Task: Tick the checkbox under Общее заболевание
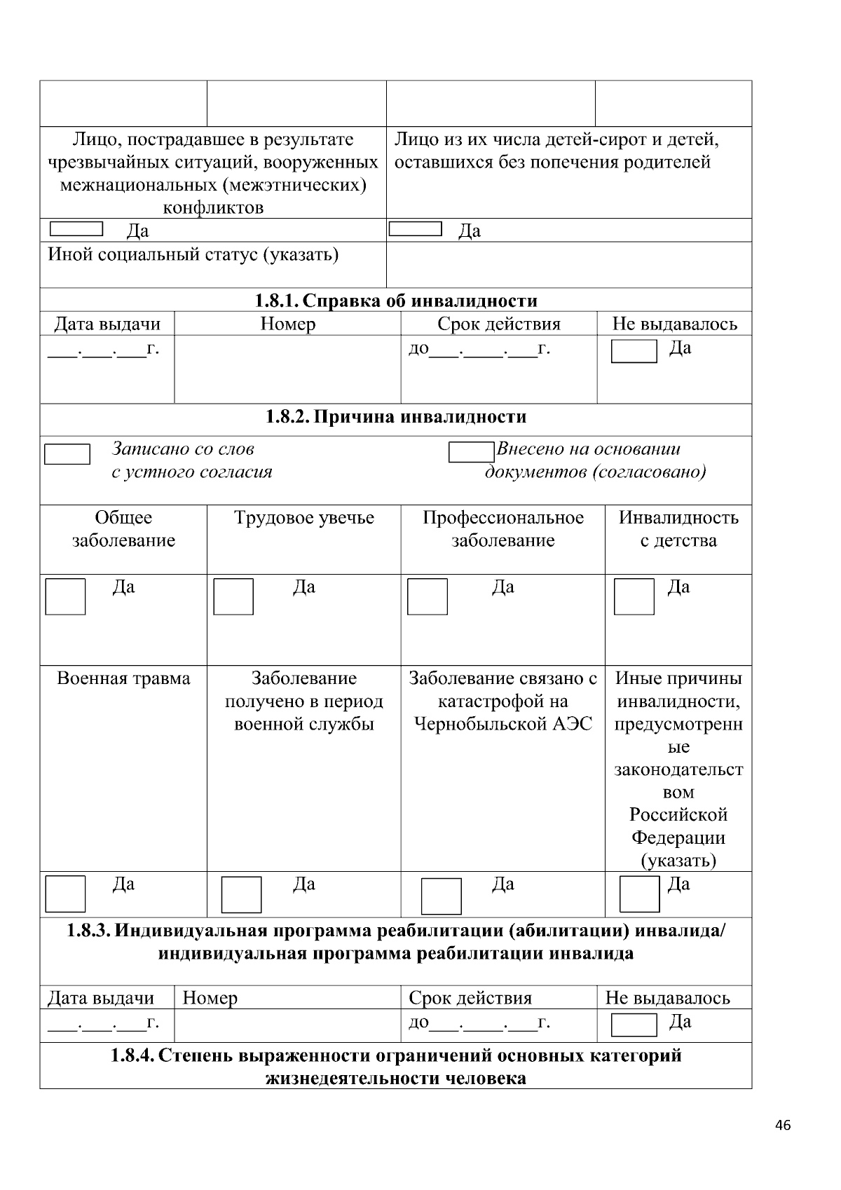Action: pos(65,596)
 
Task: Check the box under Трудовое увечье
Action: pos(233,596)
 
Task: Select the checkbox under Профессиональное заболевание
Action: pos(427,596)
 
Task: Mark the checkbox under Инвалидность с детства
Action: pos(634,596)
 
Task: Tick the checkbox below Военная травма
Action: pos(65,894)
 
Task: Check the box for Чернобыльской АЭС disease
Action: pos(442,896)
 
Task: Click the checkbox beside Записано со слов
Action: pos(67,454)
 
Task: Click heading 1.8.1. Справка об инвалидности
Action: pos(396,301)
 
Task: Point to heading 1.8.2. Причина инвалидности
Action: pos(396,417)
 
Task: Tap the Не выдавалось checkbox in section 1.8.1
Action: pos(634,351)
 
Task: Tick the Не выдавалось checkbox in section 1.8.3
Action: pos(634,1025)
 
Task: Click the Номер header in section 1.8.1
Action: pos(287,324)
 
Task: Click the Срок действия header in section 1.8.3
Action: pos(470,998)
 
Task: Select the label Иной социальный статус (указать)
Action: pos(193,254)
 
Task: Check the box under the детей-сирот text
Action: pos(415,228)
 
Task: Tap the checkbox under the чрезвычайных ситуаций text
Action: pos(76,228)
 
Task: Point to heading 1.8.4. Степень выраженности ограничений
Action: pos(396,1066)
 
